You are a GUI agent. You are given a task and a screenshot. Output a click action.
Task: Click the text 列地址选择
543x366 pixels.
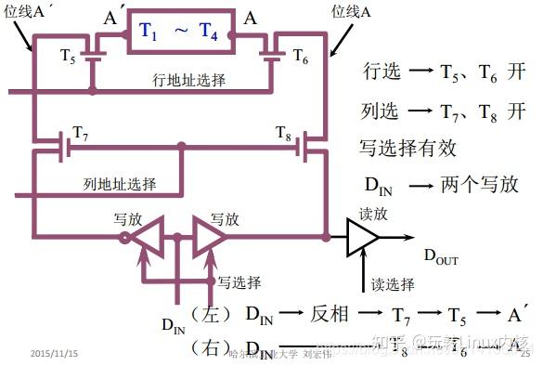point(119,182)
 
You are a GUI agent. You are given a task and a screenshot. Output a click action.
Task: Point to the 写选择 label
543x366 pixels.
point(239,281)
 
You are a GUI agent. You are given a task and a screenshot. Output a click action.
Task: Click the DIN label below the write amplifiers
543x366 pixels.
point(174,324)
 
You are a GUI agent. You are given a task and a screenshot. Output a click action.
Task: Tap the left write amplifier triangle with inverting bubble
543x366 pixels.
point(144,239)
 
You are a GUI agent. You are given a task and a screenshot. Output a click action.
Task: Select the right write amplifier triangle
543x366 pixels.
point(209,239)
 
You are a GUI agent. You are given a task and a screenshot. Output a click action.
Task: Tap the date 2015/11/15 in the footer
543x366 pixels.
point(54,354)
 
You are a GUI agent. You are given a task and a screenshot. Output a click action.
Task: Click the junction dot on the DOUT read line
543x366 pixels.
point(326,238)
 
